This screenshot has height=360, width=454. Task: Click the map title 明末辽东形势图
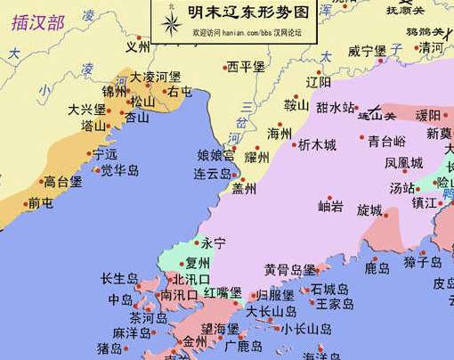[254, 14]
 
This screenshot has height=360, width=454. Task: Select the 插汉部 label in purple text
[37, 22]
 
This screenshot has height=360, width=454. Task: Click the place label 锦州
[114, 92]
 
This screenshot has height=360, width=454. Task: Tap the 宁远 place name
[104, 154]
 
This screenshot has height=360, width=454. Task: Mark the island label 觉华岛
[119, 169]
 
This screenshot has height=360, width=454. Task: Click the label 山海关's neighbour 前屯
[40, 203]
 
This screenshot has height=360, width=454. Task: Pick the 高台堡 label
[63, 182]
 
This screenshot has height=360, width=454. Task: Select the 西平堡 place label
[246, 67]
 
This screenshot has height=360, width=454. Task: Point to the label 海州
[280, 133]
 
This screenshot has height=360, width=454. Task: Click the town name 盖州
[244, 189]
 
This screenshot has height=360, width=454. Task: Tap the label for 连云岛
[213, 173]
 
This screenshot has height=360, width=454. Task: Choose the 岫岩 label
[331, 207]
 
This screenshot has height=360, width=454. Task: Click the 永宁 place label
[214, 242]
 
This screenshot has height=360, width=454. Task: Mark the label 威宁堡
[366, 51]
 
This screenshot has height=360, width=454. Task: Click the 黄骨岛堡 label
[290, 270]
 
